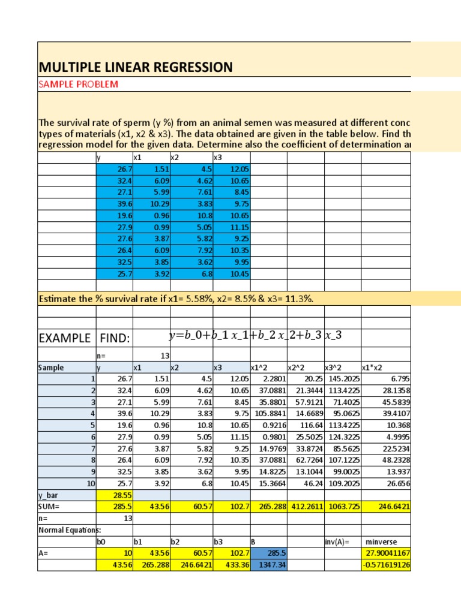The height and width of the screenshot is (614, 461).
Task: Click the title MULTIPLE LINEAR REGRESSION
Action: [135, 67]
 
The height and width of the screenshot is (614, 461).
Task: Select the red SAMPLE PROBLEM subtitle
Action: [78, 84]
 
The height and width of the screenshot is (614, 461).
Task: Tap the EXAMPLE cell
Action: [64, 339]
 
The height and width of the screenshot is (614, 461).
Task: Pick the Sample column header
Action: [51, 368]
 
